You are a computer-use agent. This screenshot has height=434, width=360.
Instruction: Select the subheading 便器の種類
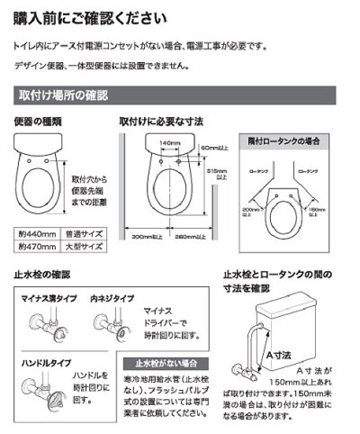point(39,122)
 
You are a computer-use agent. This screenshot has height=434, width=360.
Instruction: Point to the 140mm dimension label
point(167,144)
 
